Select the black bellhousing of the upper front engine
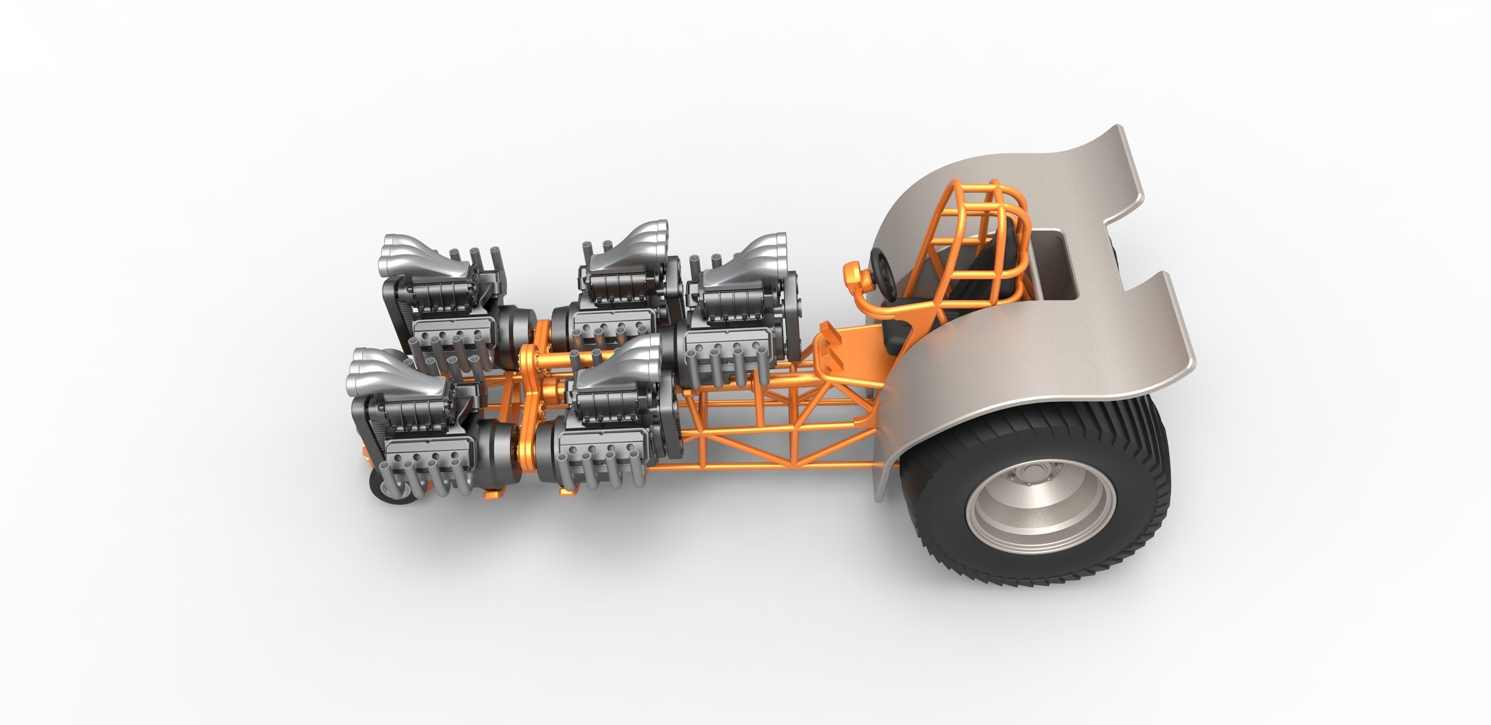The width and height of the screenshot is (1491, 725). tap(515, 330)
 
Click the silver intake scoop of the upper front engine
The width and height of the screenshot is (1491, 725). tap(411, 255)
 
